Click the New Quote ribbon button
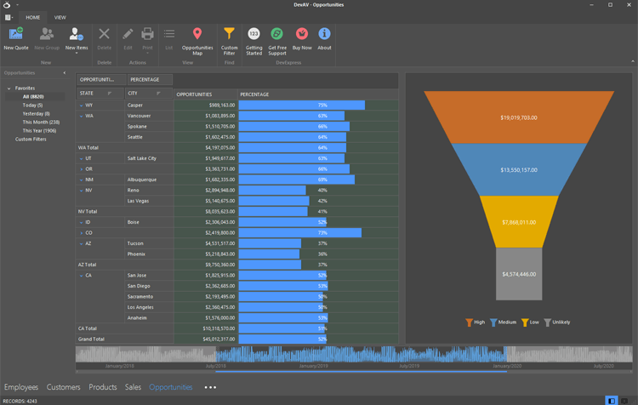click(15, 39)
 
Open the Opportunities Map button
click(197, 39)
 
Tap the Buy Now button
click(301, 39)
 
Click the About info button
click(324, 39)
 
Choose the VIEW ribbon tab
click(60, 17)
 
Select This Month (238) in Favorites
click(41, 122)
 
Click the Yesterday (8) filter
click(36, 113)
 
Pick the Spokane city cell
click(137, 126)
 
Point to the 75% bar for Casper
click(301, 106)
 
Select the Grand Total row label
click(91, 339)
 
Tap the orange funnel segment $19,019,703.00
click(518, 117)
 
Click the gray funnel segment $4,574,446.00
click(518, 274)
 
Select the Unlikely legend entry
click(557, 322)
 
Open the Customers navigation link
click(63, 387)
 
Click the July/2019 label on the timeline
click(216, 366)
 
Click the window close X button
click(629, 5)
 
